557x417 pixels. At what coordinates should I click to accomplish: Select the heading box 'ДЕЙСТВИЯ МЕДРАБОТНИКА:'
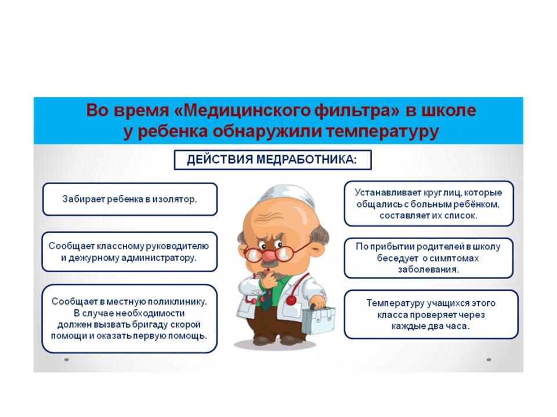point(273,160)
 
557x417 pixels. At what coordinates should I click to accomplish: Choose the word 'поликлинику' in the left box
point(177,302)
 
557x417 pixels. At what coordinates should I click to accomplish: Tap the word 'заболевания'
point(428,269)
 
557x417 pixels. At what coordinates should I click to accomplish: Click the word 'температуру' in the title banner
point(382,131)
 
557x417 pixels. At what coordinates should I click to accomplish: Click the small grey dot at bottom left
point(66,360)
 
